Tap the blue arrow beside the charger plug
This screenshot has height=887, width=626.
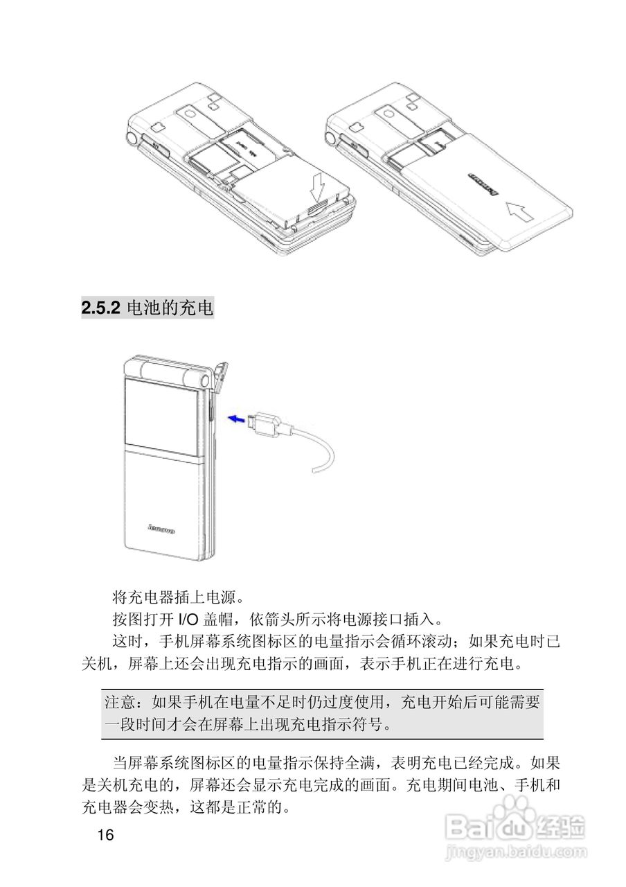point(237,418)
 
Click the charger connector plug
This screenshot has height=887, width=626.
point(267,422)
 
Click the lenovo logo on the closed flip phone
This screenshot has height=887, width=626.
point(161,529)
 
